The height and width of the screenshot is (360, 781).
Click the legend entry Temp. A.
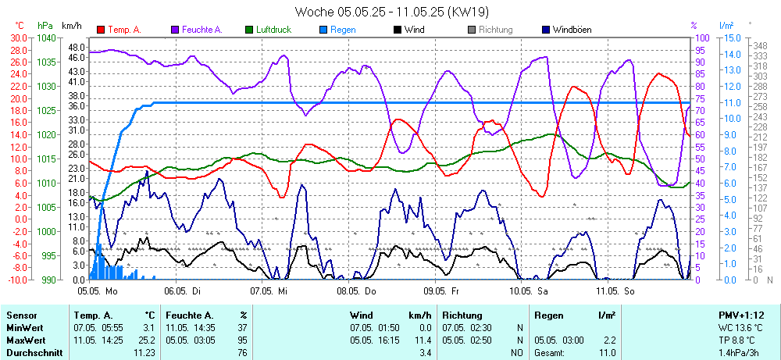(124, 30)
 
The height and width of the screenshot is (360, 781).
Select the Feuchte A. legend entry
(201, 30)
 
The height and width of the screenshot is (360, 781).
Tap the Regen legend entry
(343, 30)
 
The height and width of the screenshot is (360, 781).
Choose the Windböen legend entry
(572, 30)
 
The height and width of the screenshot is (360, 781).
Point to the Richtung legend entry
(495, 30)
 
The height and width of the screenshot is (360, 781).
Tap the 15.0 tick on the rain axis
(731, 37)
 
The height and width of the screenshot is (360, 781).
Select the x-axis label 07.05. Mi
(269, 290)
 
